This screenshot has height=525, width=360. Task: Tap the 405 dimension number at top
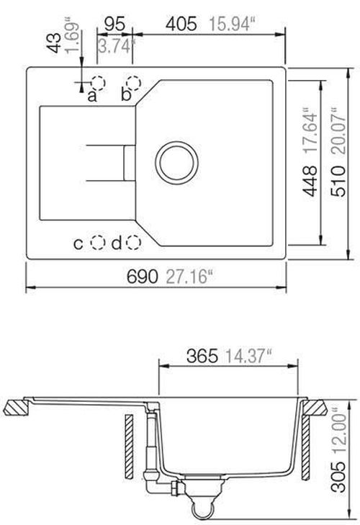[x=181, y=24]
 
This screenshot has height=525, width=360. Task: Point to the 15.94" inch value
[x=228, y=24]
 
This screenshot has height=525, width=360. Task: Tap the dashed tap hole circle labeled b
[x=132, y=82]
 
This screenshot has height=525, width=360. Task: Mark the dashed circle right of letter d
[x=133, y=243]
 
